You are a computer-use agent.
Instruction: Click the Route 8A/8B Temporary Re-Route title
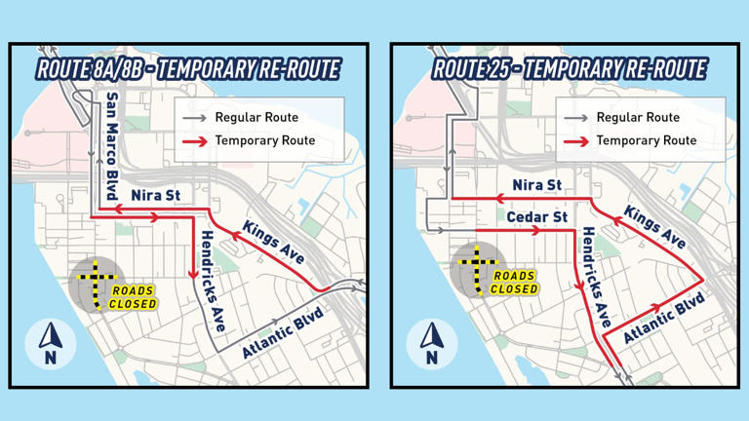(188, 69)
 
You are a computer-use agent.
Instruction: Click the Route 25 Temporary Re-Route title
(570, 69)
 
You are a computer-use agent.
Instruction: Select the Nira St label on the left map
(155, 196)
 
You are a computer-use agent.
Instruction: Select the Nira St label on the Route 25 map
(536, 185)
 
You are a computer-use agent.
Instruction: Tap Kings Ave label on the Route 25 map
(654, 226)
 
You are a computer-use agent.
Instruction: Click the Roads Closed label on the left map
(134, 297)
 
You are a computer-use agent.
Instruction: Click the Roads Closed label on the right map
(514, 283)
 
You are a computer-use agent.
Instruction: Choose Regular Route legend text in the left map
(256, 118)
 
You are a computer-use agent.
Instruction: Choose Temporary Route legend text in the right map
(646, 140)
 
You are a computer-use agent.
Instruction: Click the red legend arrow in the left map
(194, 141)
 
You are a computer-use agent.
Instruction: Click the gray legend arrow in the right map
(575, 118)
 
